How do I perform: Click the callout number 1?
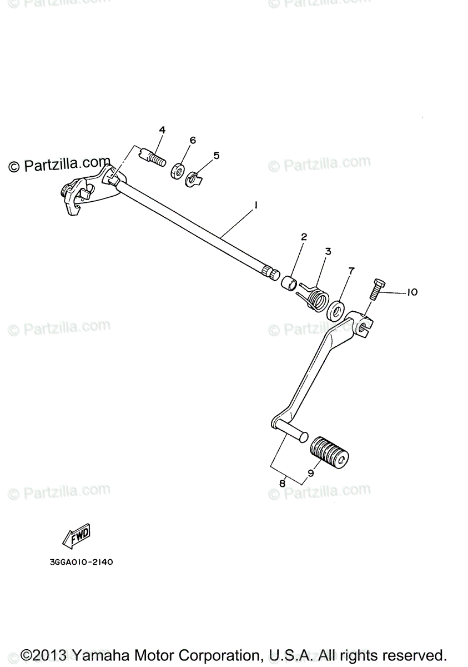(256, 205)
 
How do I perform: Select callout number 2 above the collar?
(304, 237)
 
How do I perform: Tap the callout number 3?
(328, 251)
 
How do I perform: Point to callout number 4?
(162, 130)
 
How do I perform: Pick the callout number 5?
(216, 156)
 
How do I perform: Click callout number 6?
(193, 140)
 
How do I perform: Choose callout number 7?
(351, 271)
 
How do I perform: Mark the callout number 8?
(282, 484)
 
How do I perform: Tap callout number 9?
(310, 474)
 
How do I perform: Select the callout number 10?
(411, 292)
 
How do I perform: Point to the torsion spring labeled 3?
(315, 296)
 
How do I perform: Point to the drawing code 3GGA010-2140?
(80, 562)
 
